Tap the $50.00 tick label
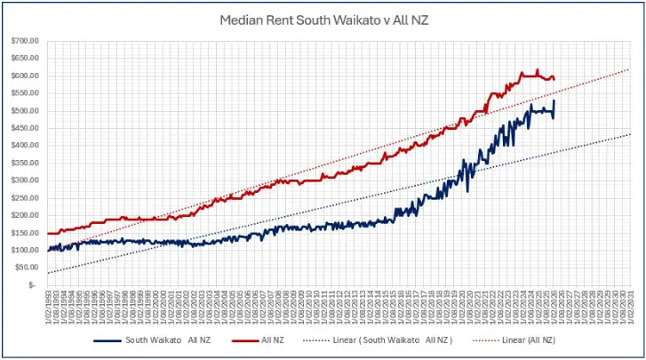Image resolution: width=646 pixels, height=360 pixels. point(28,268)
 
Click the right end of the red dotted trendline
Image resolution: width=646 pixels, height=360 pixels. point(629,69)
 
